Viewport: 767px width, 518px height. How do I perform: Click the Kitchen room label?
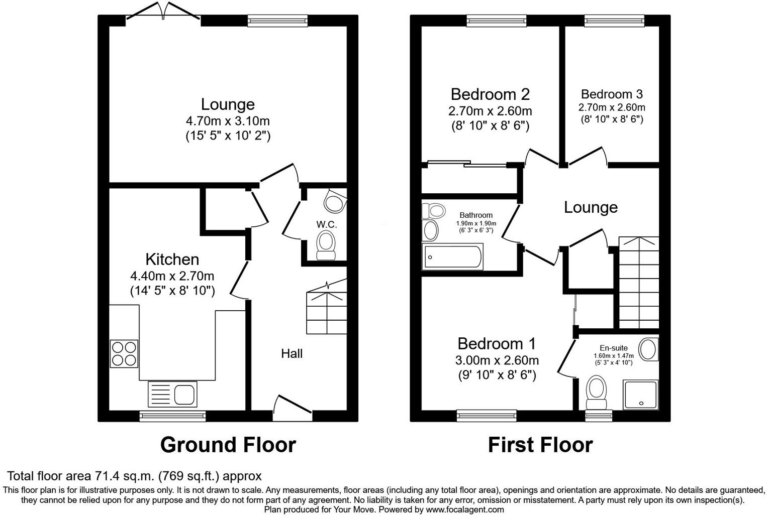(172, 259)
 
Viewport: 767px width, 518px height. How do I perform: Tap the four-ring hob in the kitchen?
(124, 354)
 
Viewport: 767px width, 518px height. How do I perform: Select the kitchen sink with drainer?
(172, 394)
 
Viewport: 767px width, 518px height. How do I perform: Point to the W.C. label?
(326, 224)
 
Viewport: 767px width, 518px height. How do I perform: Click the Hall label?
(292, 353)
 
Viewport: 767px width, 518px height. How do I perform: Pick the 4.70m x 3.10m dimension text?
(228, 121)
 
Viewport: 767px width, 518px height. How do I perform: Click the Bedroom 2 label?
(490, 94)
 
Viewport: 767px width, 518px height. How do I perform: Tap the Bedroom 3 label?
(611, 94)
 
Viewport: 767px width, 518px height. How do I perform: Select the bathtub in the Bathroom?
(453, 256)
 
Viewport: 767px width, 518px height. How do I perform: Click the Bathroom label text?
(476, 215)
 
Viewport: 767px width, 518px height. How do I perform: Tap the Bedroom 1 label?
(497, 344)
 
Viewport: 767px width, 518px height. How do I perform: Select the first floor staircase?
(638, 281)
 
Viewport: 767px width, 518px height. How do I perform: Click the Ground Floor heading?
(228, 445)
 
